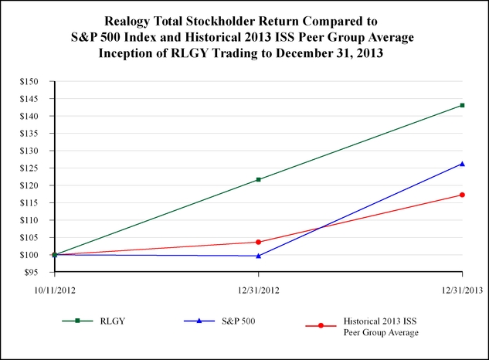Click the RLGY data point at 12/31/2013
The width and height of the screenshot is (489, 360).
pyautogui.click(x=462, y=105)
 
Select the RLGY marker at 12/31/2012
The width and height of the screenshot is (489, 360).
pyautogui.click(x=258, y=179)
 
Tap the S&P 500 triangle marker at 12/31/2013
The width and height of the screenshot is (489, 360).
pyautogui.click(x=462, y=164)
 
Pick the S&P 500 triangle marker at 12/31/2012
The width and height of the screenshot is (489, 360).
pyautogui.click(x=258, y=256)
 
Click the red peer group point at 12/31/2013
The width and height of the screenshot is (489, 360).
pyautogui.click(x=462, y=195)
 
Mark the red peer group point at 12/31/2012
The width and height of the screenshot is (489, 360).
pyautogui.click(x=258, y=242)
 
